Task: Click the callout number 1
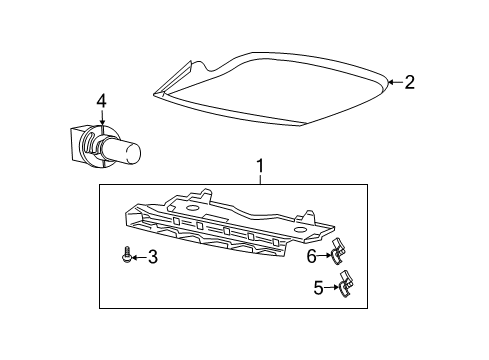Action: [x=260, y=166]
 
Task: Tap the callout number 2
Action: [x=408, y=84]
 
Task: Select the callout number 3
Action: [x=152, y=258]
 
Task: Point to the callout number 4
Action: [x=101, y=100]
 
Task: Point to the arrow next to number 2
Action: [x=394, y=84]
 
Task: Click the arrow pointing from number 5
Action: [x=334, y=318]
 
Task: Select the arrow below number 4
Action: [x=101, y=121]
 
